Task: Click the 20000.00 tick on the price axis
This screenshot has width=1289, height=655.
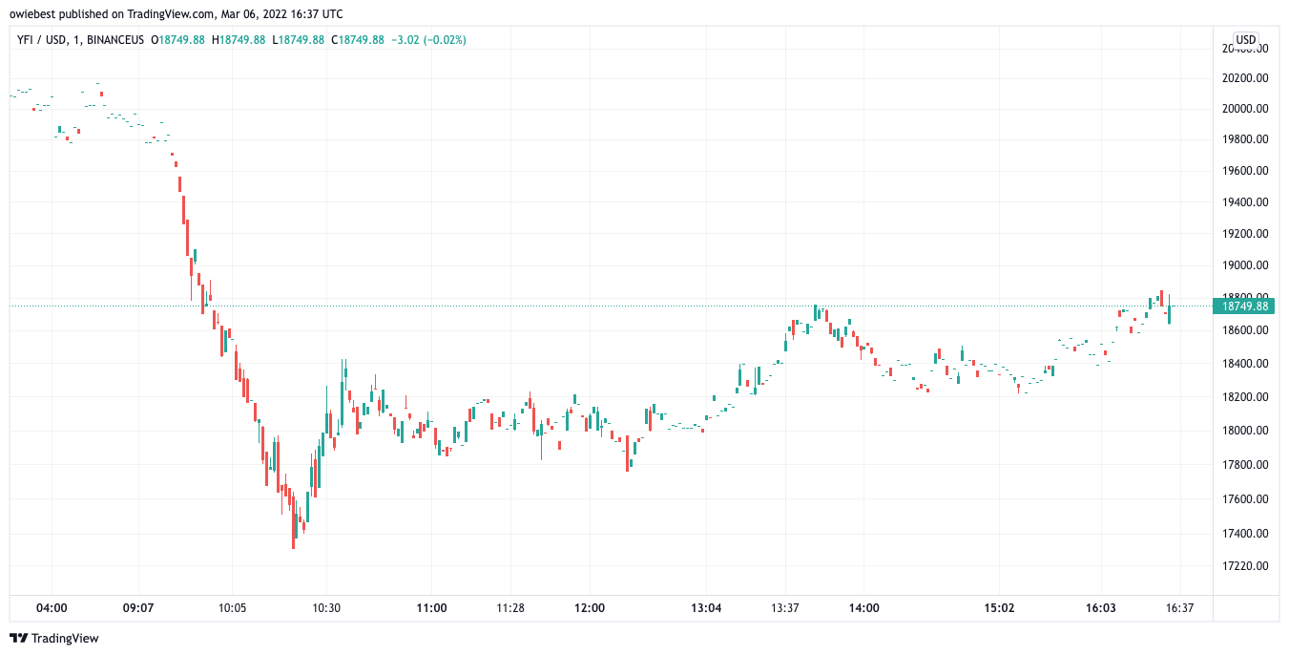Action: pyautogui.click(x=1246, y=109)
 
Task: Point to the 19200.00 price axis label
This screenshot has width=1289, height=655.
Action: pyautogui.click(x=1246, y=234)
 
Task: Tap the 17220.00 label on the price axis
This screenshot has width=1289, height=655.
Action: pyautogui.click(x=1246, y=566)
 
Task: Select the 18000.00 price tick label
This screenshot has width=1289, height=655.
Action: pyautogui.click(x=1246, y=431)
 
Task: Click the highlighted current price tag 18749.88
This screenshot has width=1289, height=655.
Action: pyautogui.click(x=1246, y=306)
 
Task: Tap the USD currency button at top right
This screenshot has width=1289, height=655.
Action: pyautogui.click(x=1246, y=39)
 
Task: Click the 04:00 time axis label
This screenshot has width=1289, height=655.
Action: pyautogui.click(x=52, y=608)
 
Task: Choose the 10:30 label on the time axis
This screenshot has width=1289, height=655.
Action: pyautogui.click(x=326, y=608)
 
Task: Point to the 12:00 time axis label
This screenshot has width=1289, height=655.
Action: pyautogui.click(x=590, y=608)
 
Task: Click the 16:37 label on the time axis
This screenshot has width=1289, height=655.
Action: pyautogui.click(x=1180, y=608)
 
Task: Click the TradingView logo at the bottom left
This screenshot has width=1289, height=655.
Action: pyautogui.click(x=54, y=638)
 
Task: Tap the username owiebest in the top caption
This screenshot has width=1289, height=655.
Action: pyautogui.click(x=35, y=14)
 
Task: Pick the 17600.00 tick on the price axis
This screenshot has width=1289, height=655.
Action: pyautogui.click(x=1246, y=499)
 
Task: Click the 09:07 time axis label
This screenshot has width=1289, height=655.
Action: pyautogui.click(x=139, y=608)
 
